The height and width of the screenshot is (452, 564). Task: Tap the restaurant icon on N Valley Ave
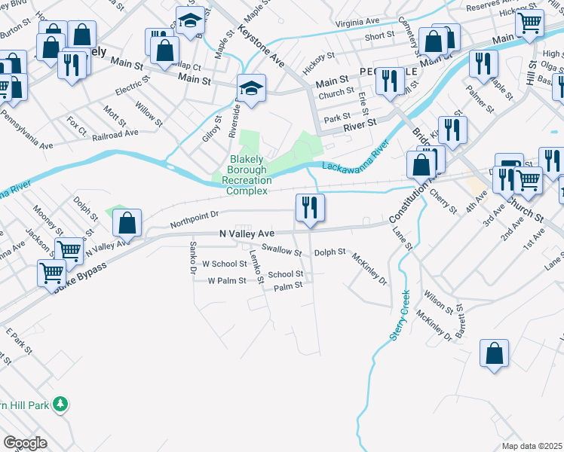pos(310,209)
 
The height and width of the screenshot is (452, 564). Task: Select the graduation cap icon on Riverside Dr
pos(250,90)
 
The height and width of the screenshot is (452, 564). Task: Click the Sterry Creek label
pos(399,316)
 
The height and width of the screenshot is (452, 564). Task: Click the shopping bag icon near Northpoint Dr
pos(127,223)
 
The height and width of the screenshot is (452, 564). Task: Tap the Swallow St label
pos(281,250)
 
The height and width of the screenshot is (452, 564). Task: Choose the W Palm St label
pos(227,281)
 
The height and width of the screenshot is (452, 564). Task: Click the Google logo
pos(25,443)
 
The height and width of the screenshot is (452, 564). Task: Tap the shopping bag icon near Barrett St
pos(494,353)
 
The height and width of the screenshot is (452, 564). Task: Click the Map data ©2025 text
pos(531,446)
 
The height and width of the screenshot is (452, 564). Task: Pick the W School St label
pos(225,264)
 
